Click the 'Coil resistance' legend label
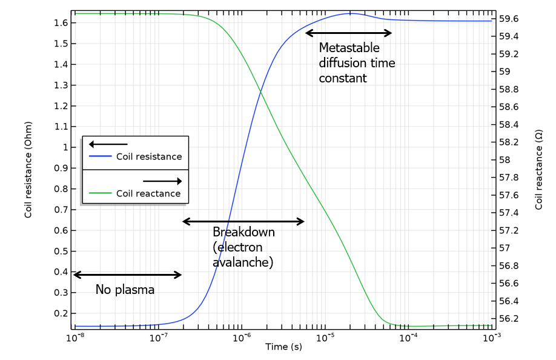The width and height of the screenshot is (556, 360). [x=148, y=156]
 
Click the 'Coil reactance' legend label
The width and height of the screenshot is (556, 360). [x=148, y=193]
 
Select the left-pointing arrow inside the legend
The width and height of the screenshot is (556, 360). [x=108, y=144]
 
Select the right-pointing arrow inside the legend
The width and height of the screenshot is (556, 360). [x=162, y=181]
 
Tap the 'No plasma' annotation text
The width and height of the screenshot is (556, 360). [x=125, y=290]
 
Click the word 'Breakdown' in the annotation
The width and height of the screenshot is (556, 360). [x=243, y=232]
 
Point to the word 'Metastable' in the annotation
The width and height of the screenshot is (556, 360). [x=349, y=47]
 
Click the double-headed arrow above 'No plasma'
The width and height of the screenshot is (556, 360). [x=127, y=275]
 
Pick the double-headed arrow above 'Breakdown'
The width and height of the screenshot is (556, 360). [x=243, y=221]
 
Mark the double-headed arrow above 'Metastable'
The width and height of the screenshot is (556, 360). [x=349, y=33]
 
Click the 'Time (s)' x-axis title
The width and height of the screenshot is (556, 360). [x=283, y=347]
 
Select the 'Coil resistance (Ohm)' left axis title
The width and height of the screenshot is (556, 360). [x=28, y=169]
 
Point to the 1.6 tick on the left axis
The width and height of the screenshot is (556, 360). [x=61, y=23]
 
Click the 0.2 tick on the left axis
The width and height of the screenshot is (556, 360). [x=61, y=313]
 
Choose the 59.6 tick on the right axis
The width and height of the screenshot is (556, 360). [x=508, y=19]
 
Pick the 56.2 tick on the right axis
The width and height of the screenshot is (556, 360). [x=508, y=318]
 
